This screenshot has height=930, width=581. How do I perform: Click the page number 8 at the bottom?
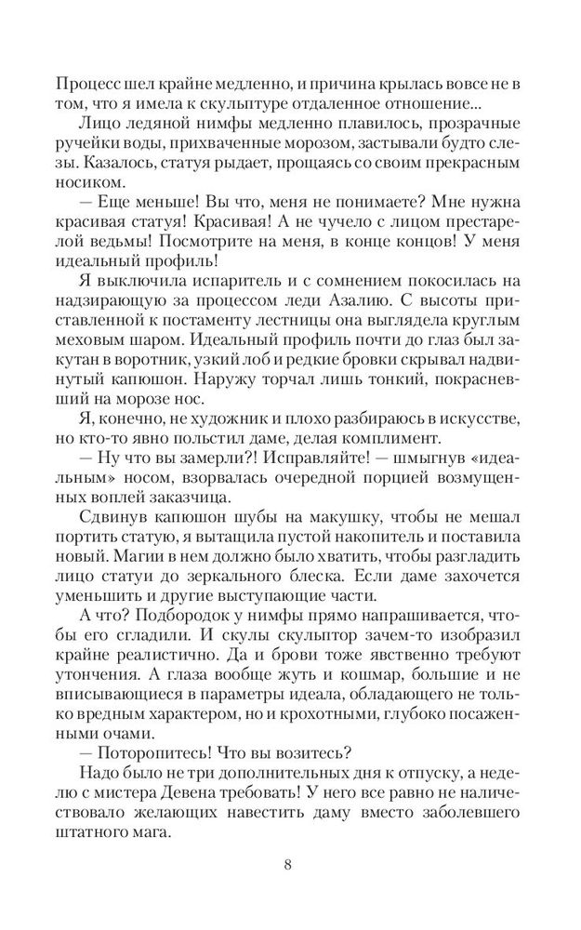tap(289, 866)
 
